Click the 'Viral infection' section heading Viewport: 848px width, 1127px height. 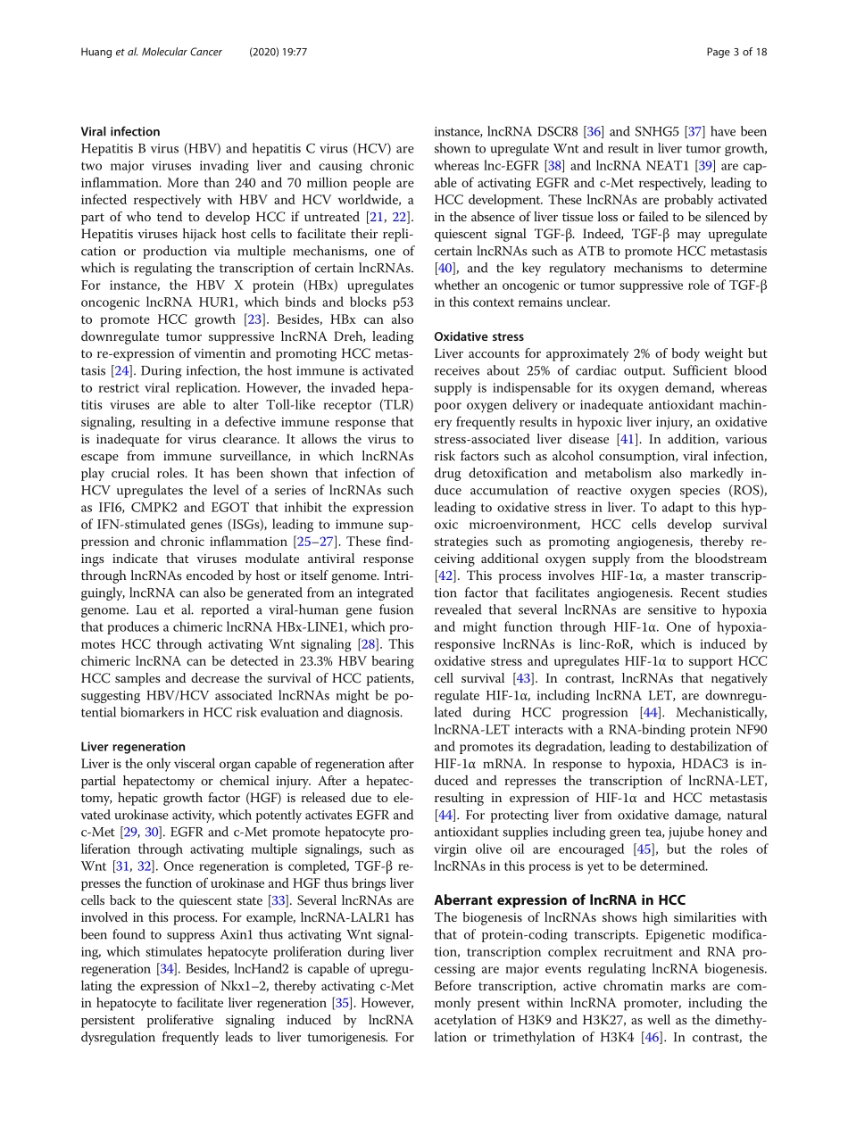pyautogui.click(x=121, y=131)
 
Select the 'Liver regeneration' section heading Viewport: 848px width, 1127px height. pyautogui.click(x=133, y=746)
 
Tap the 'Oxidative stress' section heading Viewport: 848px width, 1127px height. pyautogui.click(x=478, y=336)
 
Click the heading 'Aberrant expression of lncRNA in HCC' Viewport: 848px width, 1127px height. pyautogui.click(x=560, y=900)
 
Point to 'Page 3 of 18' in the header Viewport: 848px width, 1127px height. pyautogui.click(x=736, y=53)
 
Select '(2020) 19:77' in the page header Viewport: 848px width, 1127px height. pyautogui.click(x=279, y=53)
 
